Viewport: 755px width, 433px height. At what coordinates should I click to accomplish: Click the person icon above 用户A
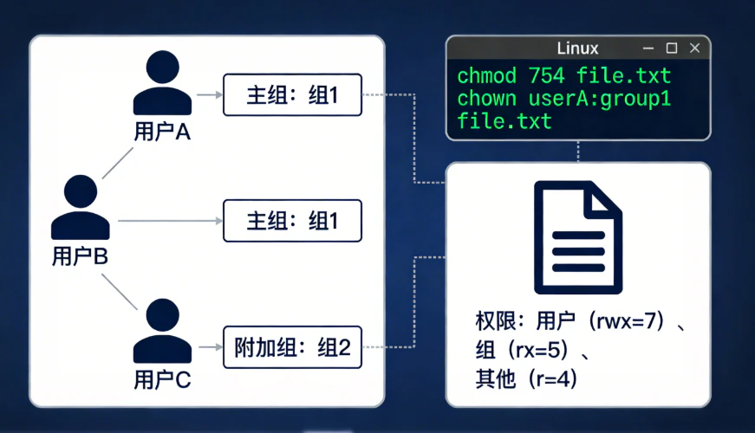click(x=162, y=83)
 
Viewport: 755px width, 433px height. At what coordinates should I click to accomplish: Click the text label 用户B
click(x=80, y=255)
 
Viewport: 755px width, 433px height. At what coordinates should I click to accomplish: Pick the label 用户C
click(x=162, y=379)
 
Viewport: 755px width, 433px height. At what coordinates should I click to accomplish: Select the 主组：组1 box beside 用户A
click(x=292, y=94)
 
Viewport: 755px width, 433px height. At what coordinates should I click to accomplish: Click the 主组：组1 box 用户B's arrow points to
click(x=292, y=221)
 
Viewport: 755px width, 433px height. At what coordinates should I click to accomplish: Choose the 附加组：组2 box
click(x=292, y=348)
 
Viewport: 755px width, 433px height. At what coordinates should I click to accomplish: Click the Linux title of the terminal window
click(x=577, y=48)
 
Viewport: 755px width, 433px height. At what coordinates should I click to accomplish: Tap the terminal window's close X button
click(x=694, y=48)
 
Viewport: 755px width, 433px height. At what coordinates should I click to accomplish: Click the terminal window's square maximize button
click(x=671, y=48)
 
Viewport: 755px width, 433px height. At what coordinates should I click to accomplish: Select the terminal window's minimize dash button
click(x=648, y=48)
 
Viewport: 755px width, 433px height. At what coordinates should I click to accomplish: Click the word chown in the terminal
click(x=486, y=99)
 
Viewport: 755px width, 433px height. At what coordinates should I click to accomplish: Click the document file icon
click(x=577, y=238)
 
